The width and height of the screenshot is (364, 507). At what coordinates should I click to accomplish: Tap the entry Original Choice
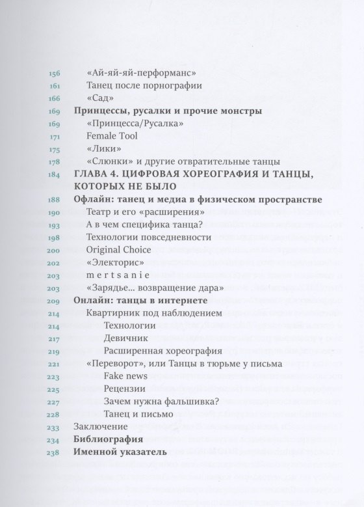pos(119,249)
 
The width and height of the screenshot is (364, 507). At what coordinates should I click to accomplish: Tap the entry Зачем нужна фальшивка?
pos(155,401)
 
